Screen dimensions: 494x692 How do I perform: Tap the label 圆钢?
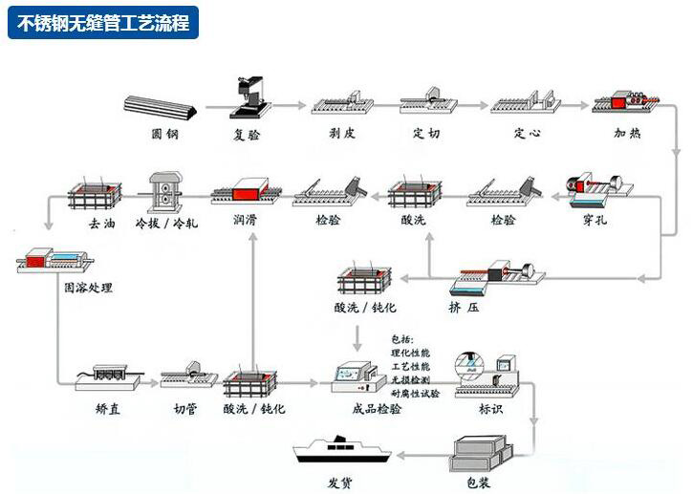[165, 134]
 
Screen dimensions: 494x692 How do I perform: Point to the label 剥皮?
[341, 134]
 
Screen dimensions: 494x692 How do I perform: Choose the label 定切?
[426, 134]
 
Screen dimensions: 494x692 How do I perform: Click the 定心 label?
[527, 134]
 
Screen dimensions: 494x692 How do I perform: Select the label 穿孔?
[594, 220]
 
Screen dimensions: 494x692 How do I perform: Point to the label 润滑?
[246, 220]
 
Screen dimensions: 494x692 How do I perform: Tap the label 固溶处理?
[88, 287]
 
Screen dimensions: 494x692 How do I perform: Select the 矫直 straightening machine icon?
[108, 375]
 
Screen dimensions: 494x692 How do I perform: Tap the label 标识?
[490, 409]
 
